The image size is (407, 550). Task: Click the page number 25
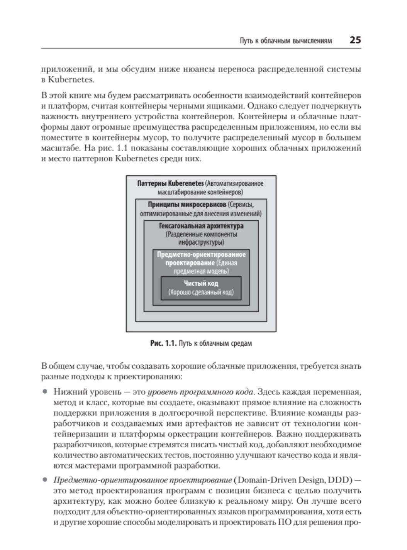click(x=355, y=40)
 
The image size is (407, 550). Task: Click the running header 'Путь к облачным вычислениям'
click(x=286, y=41)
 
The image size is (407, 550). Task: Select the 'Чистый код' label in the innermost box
click(x=201, y=284)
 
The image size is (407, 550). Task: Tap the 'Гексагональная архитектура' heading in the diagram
click(x=201, y=226)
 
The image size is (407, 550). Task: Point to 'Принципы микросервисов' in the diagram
click(x=187, y=204)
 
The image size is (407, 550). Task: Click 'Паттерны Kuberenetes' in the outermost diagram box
click(x=170, y=183)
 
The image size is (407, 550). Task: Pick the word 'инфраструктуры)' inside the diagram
click(x=201, y=242)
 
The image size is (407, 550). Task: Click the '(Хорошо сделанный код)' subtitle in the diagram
click(x=201, y=292)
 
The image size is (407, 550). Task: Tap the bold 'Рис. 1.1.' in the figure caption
click(x=163, y=343)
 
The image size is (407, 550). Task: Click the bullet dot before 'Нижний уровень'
click(x=45, y=392)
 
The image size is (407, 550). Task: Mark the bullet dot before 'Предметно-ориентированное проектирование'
click(x=45, y=480)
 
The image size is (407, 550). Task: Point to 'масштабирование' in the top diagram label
click(x=181, y=192)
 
